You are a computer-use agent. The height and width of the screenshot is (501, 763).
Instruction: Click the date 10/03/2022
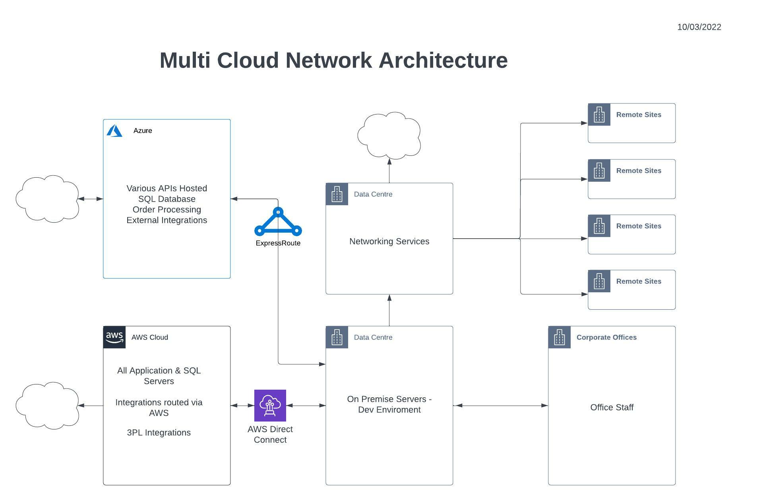(699, 27)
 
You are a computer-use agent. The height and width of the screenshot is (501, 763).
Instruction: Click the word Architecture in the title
(443, 60)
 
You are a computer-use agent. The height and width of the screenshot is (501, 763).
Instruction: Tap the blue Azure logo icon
(114, 130)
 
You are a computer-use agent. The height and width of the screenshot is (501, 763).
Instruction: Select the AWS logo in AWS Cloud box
(114, 337)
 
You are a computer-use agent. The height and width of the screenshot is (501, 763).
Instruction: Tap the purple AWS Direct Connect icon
(270, 406)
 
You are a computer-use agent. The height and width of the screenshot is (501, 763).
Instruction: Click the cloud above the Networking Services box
(389, 135)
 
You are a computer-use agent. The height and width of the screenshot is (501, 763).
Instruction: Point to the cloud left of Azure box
(47, 199)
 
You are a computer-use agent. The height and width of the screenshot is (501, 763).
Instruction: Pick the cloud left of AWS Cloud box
(47, 406)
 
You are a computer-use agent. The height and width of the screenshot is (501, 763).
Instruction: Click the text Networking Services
(389, 241)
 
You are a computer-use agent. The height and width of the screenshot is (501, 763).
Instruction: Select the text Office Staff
(612, 407)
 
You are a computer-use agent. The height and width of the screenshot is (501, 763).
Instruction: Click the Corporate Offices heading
(606, 337)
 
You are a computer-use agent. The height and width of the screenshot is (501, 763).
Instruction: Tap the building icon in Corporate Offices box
(560, 337)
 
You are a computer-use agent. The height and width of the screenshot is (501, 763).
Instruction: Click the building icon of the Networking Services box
(337, 194)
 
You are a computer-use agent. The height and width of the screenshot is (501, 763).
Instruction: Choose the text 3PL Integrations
(159, 433)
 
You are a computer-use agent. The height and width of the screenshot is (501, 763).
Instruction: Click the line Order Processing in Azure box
(167, 210)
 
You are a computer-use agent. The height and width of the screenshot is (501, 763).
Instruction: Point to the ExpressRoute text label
(278, 243)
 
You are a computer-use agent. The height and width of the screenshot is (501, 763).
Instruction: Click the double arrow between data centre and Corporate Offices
(501, 406)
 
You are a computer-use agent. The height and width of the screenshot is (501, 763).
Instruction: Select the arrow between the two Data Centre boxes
(389, 310)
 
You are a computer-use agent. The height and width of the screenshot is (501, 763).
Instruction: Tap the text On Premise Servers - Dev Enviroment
(389, 404)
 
